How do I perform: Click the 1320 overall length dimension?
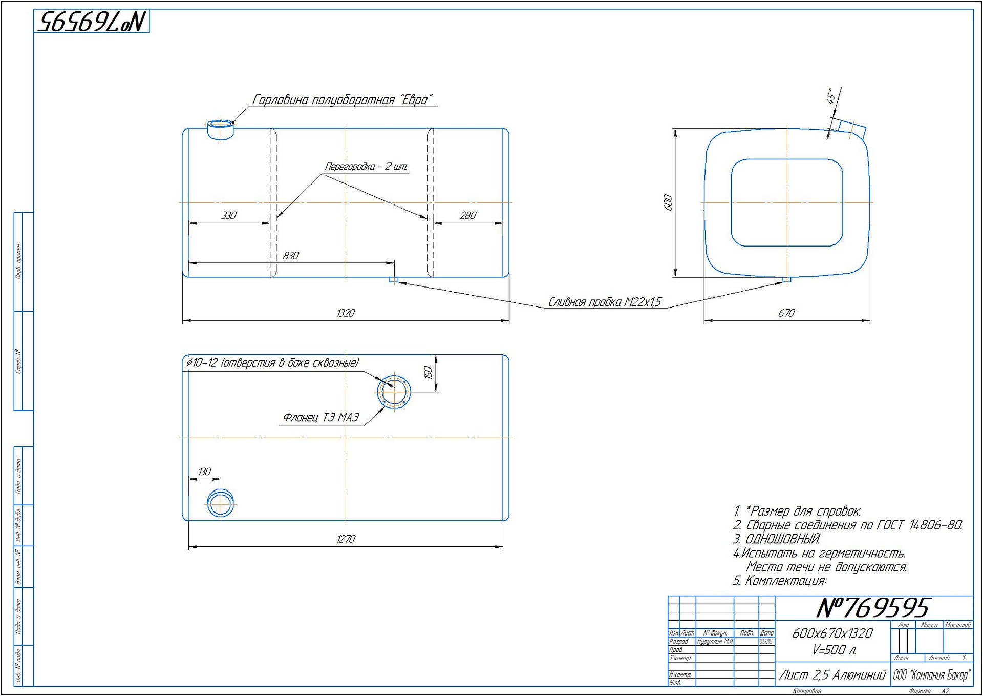click(346, 313)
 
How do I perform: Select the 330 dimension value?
click(229, 215)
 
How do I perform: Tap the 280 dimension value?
click(468, 215)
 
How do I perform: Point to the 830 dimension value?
click(291, 255)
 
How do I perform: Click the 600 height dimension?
click(668, 202)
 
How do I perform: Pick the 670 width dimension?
click(786, 313)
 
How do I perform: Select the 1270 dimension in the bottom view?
click(346, 539)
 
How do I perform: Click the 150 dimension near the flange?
click(429, 372)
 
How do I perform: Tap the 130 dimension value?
click(204, 472)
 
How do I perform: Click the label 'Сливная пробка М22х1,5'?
click(605, 302)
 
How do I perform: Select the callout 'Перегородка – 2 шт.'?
click(366, 167)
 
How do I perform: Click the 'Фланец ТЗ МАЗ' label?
click(321, 418)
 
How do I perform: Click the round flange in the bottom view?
click(394, 392)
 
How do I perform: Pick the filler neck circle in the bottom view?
click(220, 503)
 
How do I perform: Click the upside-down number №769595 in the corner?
click(92, 22)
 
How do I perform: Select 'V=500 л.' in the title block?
click(834, 650)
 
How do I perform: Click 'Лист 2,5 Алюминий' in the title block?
click(832, 675)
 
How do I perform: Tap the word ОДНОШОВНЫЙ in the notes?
click(783, 539)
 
